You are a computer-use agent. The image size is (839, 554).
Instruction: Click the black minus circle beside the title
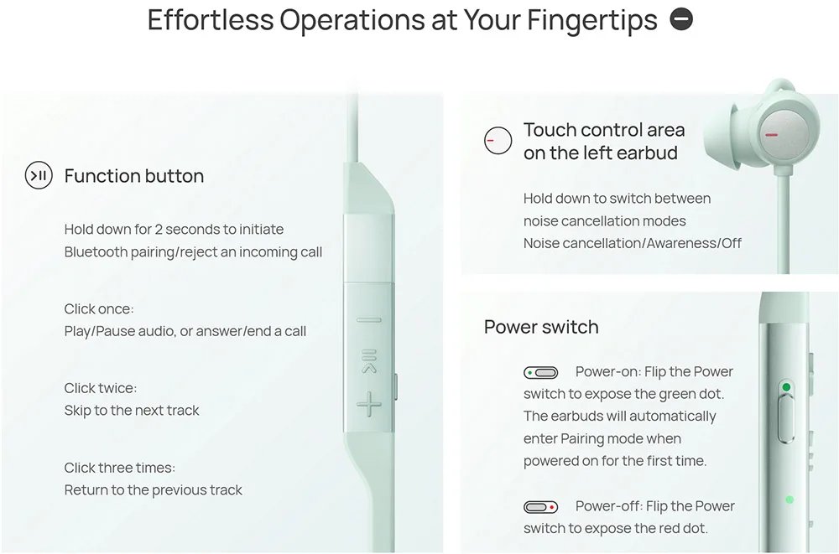(x=681, y=20)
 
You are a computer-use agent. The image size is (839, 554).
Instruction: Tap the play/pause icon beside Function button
(x=39, y=175)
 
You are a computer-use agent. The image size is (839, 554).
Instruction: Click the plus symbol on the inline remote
(x=369, y=404)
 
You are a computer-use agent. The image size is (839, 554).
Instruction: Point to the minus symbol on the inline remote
(x=369, y=320)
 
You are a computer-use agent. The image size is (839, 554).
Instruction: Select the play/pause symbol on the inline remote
(x=369, y=361)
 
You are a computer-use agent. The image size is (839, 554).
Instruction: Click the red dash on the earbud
(x=771, y=135)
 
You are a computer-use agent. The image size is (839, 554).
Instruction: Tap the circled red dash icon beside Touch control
(x=498, y=141)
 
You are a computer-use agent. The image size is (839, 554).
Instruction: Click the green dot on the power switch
(x=786, y=386)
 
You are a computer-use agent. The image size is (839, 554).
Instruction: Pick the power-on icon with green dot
(x=540, y=372)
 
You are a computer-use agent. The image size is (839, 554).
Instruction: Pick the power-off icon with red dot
(x=540, y=507)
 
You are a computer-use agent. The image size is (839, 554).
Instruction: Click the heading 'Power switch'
(x=541, y=327)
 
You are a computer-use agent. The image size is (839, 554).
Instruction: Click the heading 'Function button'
(x=133, y=176)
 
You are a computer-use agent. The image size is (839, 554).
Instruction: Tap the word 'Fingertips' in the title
(x=592, y=20)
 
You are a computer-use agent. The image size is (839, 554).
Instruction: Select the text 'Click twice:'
(x=101, y=388)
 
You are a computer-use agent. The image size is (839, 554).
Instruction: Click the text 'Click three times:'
(x=120, y=468)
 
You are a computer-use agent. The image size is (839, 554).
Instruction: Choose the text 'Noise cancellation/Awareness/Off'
(x=633, y=243)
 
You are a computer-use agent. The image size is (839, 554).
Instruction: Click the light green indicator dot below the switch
(x=789, y=500)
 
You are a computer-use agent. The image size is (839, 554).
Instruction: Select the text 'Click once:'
(x=99, y=309)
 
